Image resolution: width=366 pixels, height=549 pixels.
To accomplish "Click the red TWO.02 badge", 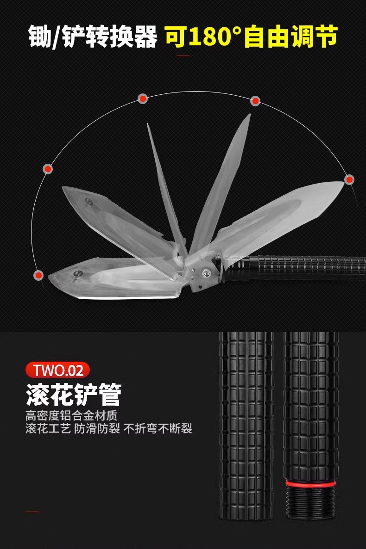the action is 58,370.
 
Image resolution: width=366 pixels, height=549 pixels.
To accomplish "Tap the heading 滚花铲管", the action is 73,394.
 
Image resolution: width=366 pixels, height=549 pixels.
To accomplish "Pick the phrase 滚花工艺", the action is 48,428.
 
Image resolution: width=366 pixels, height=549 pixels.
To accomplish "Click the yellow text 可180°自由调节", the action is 251,37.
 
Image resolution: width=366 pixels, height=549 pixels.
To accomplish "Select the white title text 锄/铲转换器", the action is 93,37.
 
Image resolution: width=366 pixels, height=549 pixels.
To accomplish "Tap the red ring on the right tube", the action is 311,483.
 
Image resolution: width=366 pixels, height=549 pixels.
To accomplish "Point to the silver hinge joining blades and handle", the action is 204,273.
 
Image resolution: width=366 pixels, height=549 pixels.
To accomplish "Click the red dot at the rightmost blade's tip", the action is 349,179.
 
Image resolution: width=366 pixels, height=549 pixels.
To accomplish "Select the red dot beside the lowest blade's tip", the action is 38,275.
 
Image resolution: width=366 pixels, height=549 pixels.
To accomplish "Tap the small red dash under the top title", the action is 184,56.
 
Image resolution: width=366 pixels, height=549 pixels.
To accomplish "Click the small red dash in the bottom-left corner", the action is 32,512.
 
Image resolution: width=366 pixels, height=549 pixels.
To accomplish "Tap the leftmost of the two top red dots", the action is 143,99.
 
